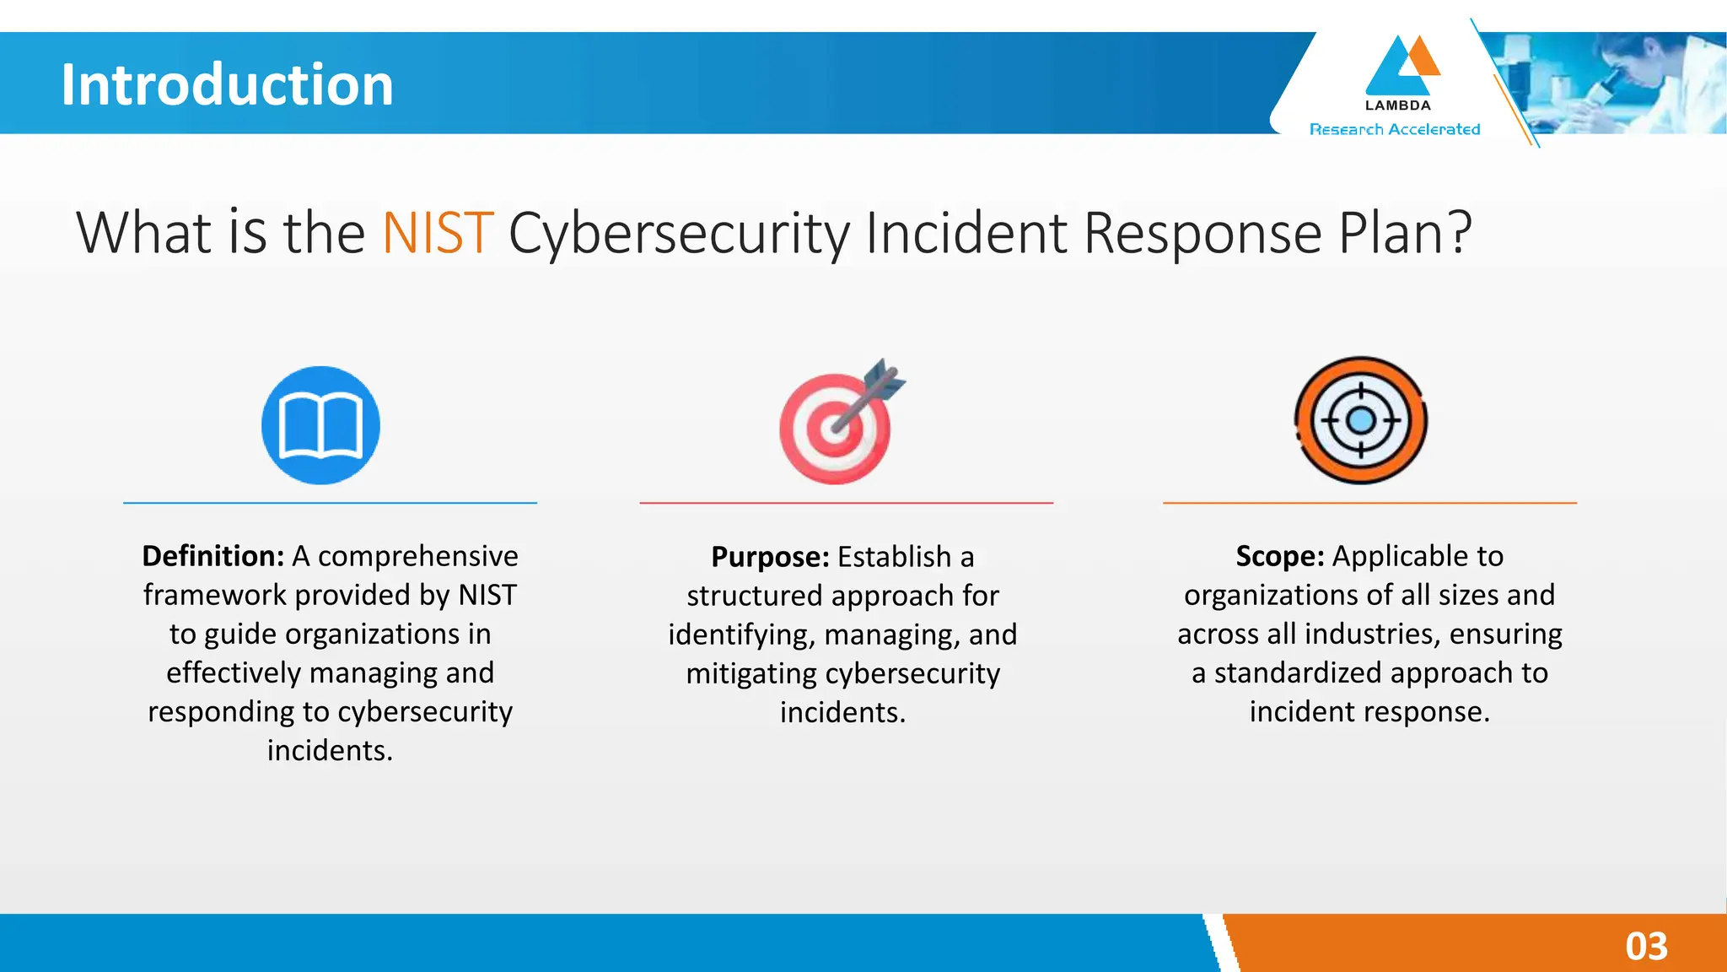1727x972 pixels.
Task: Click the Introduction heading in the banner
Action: (x=227, y=84)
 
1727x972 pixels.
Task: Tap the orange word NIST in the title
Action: (x=437, y=233)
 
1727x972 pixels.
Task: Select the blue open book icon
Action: (x=320, y=425)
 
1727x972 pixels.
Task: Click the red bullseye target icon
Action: (x=834, y=429)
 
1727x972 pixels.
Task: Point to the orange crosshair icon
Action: (x=1360, y=420)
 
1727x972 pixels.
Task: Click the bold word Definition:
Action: (x=213, y=556)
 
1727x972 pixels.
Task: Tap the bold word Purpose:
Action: (x=770, y=557)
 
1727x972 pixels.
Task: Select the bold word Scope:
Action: (x=1279, y=556)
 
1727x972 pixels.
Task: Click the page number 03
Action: (x=1646, y=946)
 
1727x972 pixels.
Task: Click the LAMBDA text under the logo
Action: (x=1397, y=105)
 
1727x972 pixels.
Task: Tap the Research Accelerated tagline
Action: (x=1395, y=129)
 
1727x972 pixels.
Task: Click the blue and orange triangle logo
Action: (x=1401, y=66)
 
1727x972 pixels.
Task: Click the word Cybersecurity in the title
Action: (x=679, y=233)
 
